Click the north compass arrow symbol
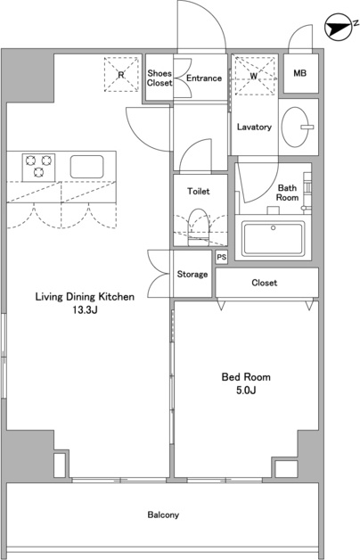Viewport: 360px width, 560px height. pos(337,28)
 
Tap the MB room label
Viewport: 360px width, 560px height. pos(299,73)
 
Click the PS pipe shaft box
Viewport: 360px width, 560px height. pos(222,257)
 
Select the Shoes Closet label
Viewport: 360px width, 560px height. pos(160,78)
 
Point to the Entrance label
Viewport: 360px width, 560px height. pos(204,78)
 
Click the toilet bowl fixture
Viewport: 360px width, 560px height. pos(199,227)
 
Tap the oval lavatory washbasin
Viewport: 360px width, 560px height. pos(295,127)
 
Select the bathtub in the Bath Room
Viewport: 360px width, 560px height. pos(274,239)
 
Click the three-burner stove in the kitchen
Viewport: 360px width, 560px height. pos(38,167)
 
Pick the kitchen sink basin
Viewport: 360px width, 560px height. pos(86,167)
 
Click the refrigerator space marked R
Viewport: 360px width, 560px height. pos(121,74)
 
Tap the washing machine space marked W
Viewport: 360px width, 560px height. pos(254,76)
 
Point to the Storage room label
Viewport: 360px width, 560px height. pos(192,275)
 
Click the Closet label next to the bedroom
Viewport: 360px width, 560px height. pos(265,283)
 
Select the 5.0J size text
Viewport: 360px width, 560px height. pos(246,391)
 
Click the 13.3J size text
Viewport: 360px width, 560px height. pos(86,310)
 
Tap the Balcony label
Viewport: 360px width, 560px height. pos(163,515)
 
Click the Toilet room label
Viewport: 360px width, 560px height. pos(199,192)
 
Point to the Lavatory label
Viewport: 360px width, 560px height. pos(254,127)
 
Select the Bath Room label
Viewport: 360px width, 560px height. pos(287,193)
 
